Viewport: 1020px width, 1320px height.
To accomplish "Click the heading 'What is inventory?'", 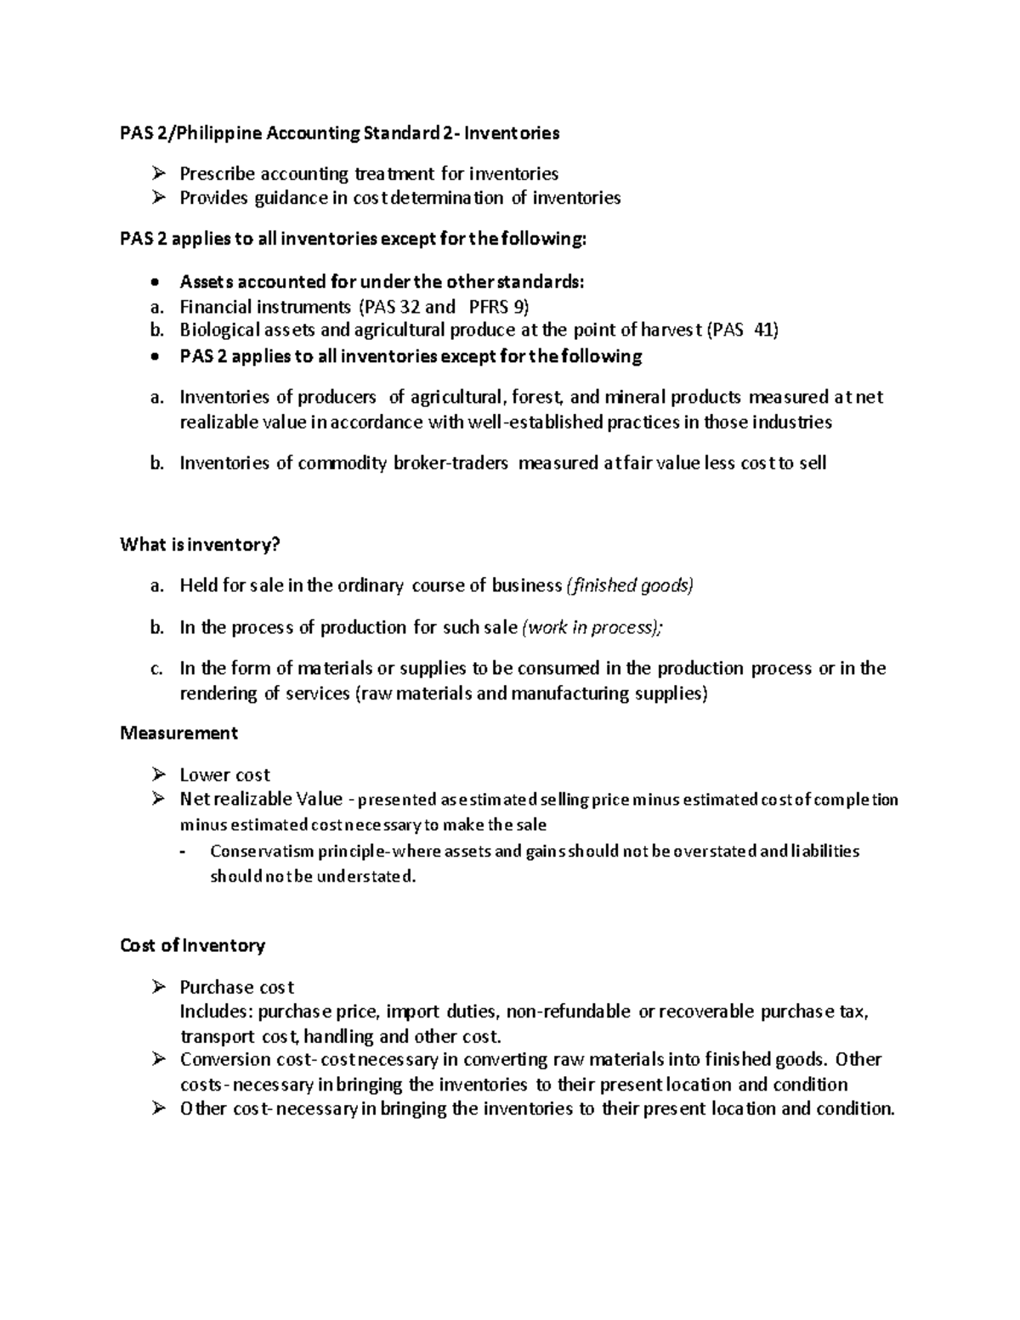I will click(x=200, y=545).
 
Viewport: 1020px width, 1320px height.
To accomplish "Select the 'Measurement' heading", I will click(x=178, y=733).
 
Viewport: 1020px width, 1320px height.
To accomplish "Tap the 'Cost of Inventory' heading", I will click(x=193, y=945).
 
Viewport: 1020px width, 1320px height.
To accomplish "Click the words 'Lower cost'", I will click(x=224, y=774).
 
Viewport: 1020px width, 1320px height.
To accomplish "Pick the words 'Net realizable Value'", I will click(x=261, y=799).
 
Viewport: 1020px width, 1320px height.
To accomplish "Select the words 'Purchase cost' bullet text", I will click(x=236, y=987).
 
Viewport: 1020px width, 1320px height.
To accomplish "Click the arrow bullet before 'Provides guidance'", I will click(x=156, y=198).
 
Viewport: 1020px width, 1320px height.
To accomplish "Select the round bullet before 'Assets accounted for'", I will click(x=153, y=282).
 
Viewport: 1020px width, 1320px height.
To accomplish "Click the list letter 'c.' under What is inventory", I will click(x=156, y=669).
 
